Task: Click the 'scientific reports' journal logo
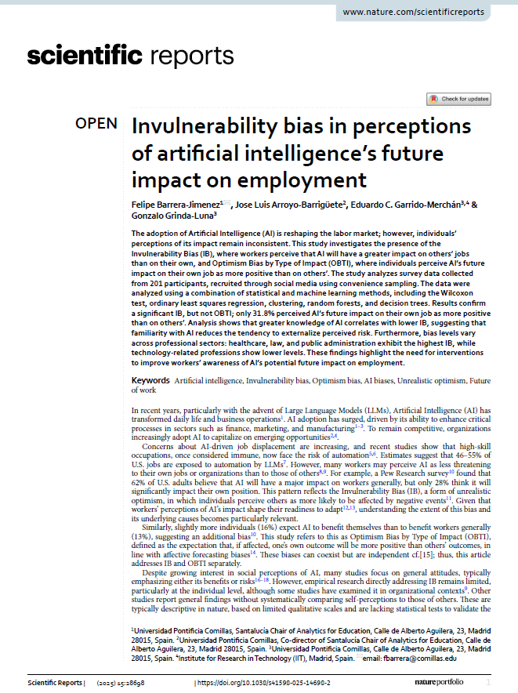click(130, 56)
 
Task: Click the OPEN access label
click(96, 123)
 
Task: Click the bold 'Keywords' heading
click(150, 380)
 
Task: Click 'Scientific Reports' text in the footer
click(54, 683)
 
